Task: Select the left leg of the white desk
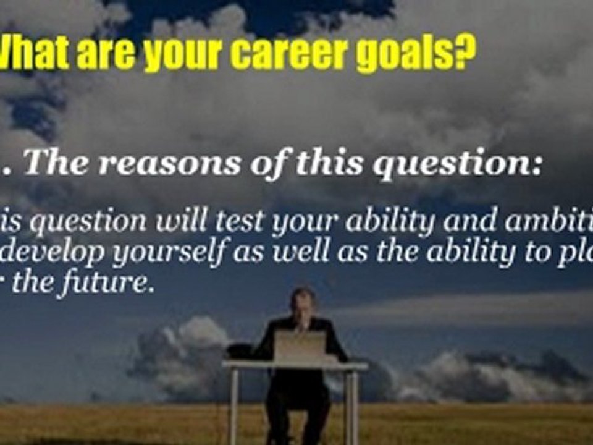click(x=233, y=405)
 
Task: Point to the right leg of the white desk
click(x=351, y=405)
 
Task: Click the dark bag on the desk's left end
click(x=240, y=351)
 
